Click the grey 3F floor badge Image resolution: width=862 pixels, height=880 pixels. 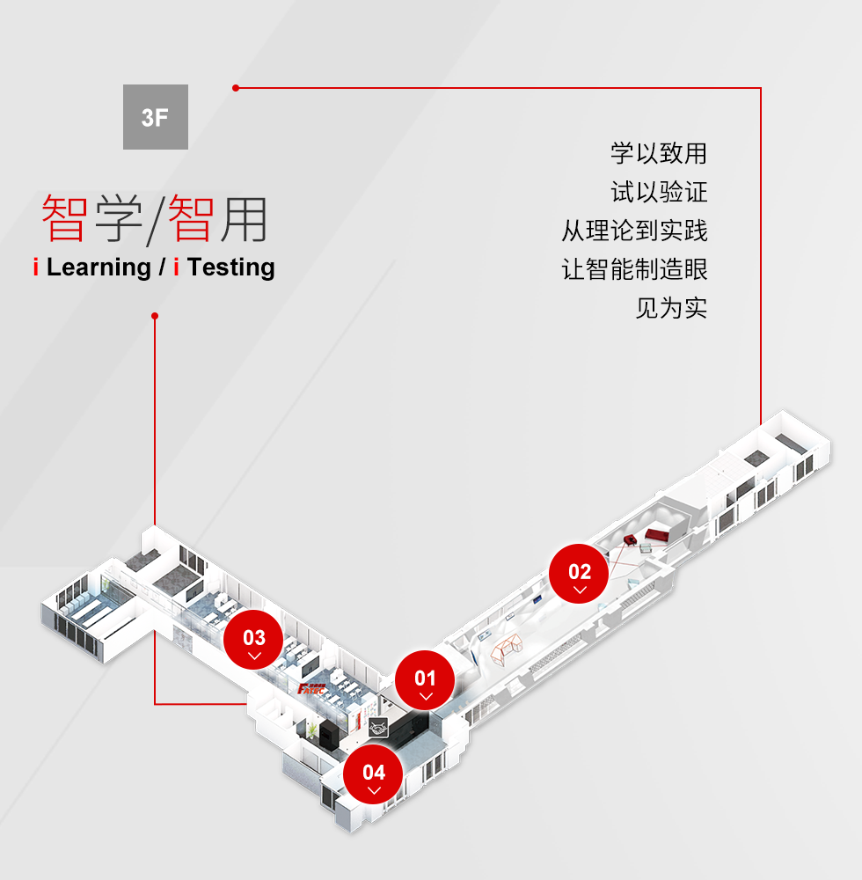[156, 117]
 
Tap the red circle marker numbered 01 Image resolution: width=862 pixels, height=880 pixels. [425, 680]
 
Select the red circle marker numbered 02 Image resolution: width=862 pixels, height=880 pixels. [579, 574]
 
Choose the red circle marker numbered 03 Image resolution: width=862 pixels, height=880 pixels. [253, 640]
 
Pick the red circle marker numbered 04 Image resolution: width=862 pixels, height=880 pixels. [374, 774]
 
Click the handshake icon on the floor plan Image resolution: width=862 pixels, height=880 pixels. [378, 728]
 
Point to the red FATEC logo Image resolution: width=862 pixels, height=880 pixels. [310, 689]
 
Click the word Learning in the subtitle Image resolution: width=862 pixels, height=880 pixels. [99, 268]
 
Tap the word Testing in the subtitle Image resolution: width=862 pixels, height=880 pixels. [231, 268]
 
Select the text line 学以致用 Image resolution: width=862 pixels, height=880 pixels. [659, 153]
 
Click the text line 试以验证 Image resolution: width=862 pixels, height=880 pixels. [659, 192]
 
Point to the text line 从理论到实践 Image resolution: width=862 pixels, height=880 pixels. [634, 231]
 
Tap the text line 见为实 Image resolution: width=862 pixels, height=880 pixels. [671, 308]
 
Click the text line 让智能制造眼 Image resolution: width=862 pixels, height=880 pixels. [634, 269]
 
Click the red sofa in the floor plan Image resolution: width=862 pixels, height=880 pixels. [657, 534]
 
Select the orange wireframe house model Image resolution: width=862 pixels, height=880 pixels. [507, 649]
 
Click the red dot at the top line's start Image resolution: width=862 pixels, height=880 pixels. [236, 88]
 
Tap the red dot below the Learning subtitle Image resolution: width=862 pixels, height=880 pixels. [155, 316]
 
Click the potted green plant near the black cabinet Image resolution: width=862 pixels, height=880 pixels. [311, 730]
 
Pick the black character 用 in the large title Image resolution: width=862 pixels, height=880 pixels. [244, 219]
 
